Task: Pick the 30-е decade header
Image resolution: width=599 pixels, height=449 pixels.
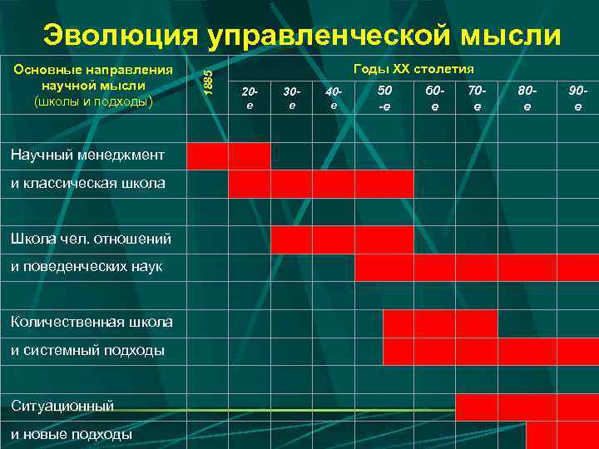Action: click(x=291, y=98)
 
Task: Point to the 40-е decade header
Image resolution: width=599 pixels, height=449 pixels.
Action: click(x=334, y=98)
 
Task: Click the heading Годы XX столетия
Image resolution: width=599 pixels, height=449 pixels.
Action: click(x=413, y=69)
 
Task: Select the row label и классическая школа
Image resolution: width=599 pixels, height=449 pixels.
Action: click(x=87, y=182)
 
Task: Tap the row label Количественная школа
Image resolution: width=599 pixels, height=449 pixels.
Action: click(x=92, y=322)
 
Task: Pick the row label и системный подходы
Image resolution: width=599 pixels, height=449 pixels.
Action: click(x=87, y=350)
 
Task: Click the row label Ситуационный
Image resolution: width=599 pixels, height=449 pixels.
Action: click(x=62, y=406)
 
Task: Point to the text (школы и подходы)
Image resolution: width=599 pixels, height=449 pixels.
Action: click(x=93, y=101)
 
